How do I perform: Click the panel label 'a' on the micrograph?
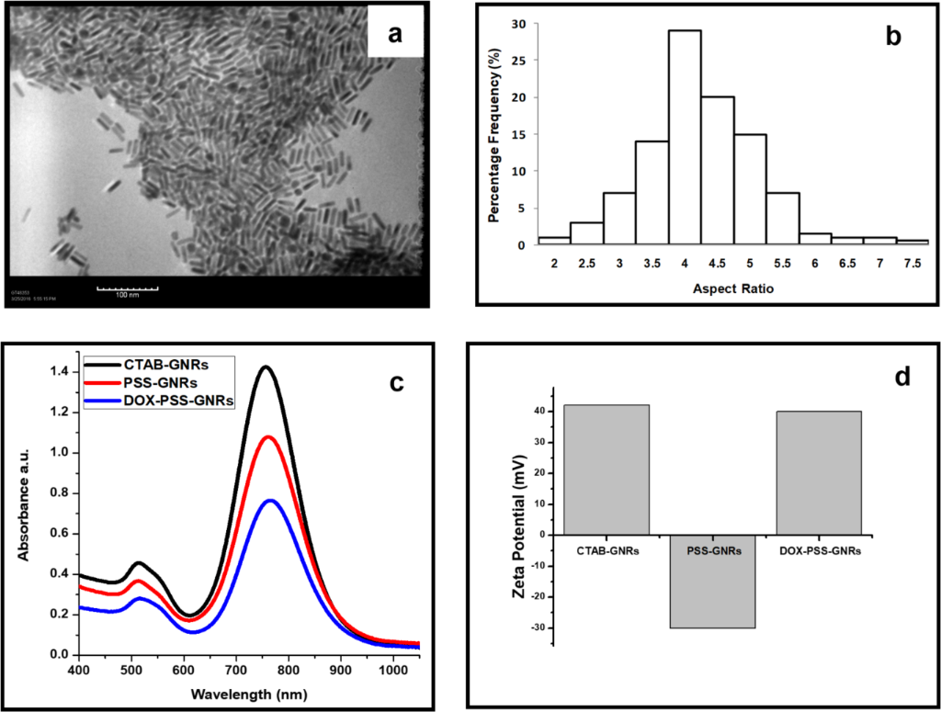[394, 35]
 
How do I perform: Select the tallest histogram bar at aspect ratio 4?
[685, 137]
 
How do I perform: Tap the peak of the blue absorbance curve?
[704, 500]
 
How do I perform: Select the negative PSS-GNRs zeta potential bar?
[712, 581]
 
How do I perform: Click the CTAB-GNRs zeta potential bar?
[607, 469]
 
